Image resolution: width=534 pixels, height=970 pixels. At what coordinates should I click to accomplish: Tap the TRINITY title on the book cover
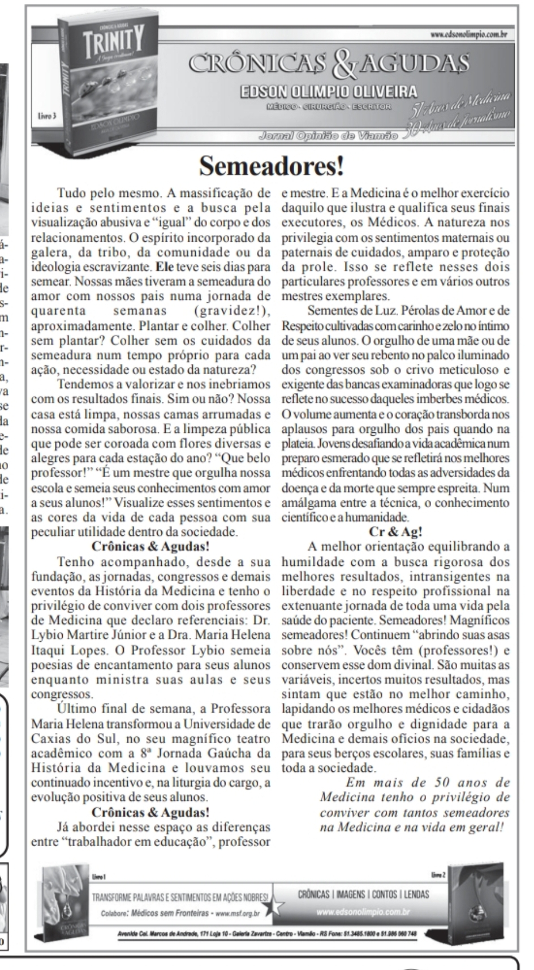tap(111, 40)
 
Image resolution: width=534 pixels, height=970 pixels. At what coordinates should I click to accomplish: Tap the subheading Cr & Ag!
tap(396, 532)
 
